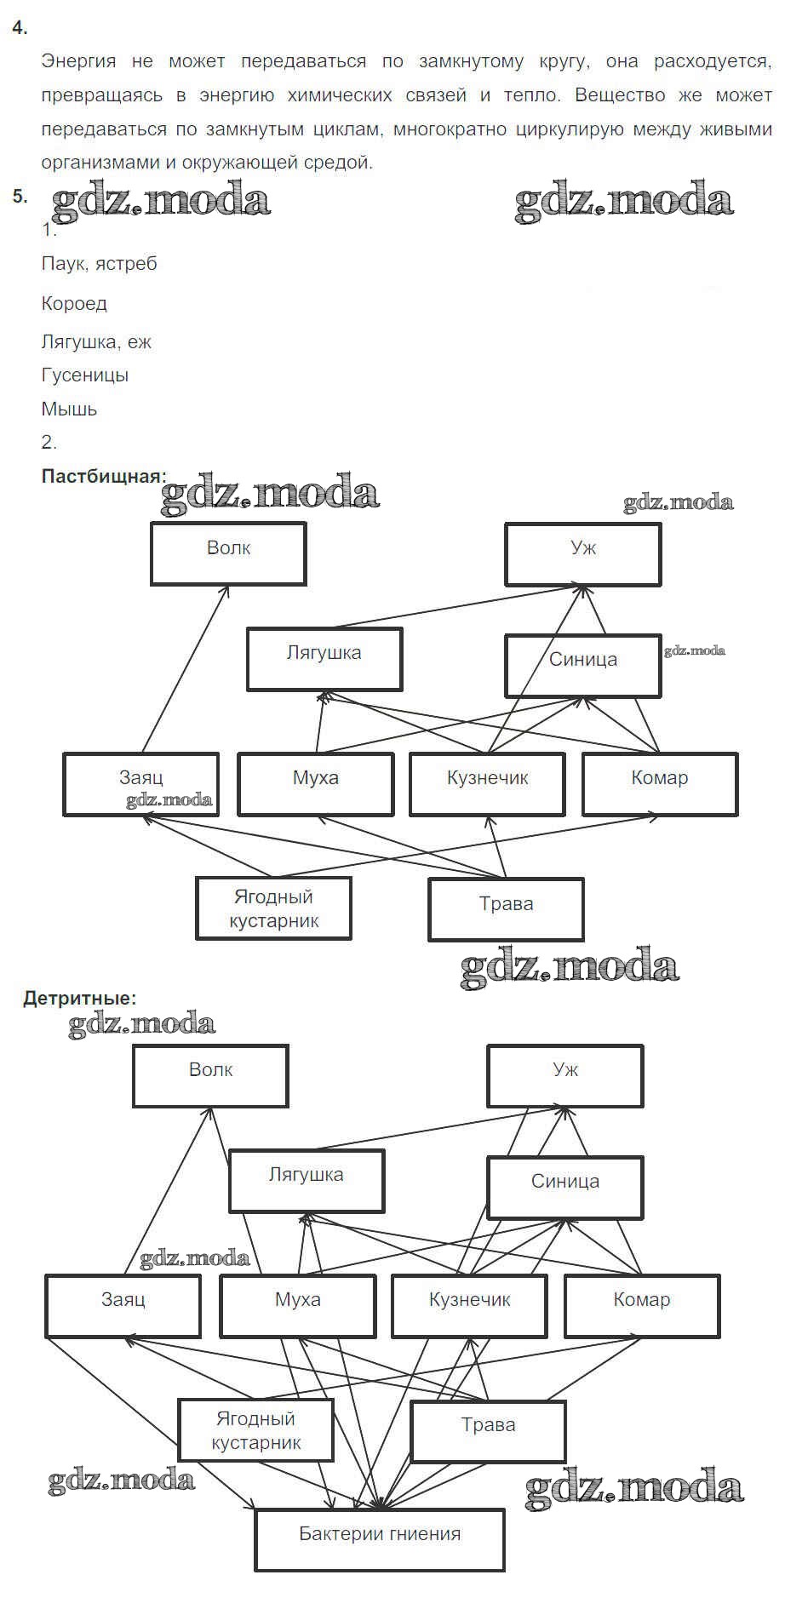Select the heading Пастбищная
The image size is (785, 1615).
click(103, 476)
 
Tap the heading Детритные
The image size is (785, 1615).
click(79, 998)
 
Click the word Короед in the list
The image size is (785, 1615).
click(74, 303)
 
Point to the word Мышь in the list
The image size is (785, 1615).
click(69, 409)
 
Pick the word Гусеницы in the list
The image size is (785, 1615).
click(84, 375)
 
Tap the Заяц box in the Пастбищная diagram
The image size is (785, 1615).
click(140, 783)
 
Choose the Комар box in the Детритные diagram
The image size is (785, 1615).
click(642, 1305)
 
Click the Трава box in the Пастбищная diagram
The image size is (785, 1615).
click(506, 909)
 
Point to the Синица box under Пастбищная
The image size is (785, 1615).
click(582, 665)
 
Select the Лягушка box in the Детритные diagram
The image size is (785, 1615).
click(307, 1180)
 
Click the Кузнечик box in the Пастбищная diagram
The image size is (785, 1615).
click(487, 783)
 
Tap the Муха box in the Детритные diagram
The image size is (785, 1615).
click(298, 1305)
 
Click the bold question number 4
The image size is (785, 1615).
click(20, 28)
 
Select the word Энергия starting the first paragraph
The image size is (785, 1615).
click(78, 61)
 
